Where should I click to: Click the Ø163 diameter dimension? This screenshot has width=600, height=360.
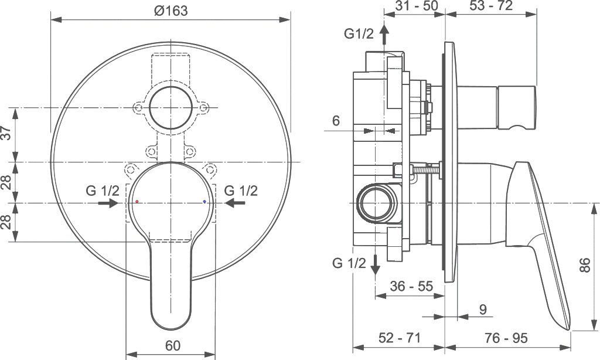point(171,11)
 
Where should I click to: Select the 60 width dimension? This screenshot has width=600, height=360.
point(173,345)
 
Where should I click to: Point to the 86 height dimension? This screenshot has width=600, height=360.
point(584,265)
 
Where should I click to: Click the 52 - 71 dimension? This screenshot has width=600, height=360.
point(400,337)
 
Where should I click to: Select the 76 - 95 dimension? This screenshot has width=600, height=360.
point(506,337)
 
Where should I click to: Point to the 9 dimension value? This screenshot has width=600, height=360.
point(483,310)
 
